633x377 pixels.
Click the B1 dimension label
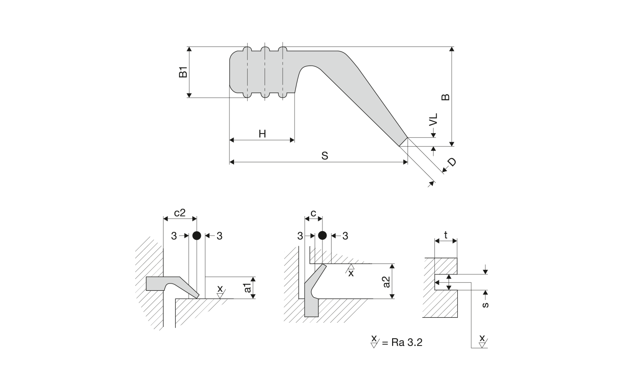183,72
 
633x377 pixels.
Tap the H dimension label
262,134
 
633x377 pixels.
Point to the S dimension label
325,155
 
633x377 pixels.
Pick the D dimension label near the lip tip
451,162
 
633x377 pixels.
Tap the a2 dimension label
387,281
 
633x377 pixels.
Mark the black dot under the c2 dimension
197,235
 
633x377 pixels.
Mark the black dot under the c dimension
322,235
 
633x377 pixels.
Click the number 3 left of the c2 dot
174,236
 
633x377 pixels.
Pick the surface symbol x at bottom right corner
482,340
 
